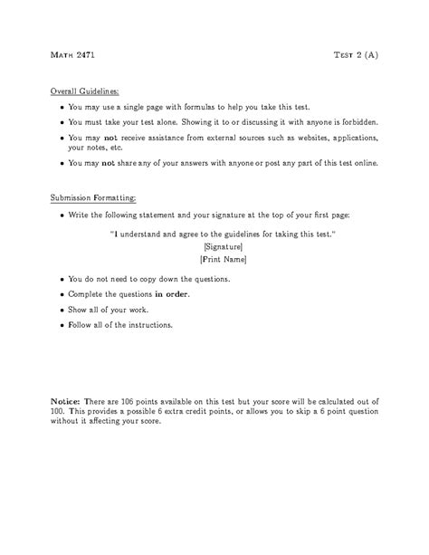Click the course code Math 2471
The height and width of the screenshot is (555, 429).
tap(71, 55)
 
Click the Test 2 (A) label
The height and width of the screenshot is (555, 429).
tap(356, 55)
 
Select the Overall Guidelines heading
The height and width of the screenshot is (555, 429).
tap(83, 91)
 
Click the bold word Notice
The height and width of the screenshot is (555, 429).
tap(65, 400)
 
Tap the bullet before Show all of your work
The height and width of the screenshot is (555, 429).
tap(62, 310)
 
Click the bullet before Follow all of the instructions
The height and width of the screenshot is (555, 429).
tap(62, 324)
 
